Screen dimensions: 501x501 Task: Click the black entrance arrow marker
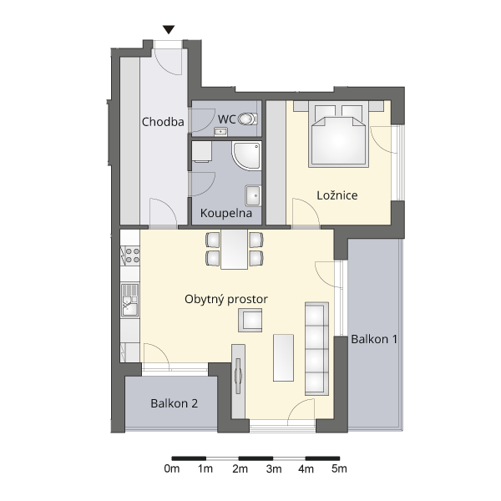pos(169,30)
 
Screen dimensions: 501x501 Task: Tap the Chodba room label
pos(163,122)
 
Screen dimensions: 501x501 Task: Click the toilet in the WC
pos(248,119)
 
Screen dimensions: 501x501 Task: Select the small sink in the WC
pos(220,131)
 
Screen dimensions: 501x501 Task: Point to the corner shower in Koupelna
pos(246,155)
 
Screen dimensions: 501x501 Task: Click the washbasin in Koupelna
pos(253,195)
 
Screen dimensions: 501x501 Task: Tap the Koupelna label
pos(226,213)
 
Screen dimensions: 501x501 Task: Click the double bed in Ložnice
pos(338,134)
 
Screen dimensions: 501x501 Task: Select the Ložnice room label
pos(337,195)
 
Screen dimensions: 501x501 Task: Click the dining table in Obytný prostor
pos(234,249)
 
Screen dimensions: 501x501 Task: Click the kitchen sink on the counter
pos(130,301)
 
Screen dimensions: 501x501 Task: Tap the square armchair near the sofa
pos(250,320)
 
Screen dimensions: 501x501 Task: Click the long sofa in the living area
pos(316,348)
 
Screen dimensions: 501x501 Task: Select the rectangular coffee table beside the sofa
pos(283,358)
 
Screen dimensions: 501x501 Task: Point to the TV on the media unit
pos(238,376)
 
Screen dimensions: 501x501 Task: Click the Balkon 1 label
pos(374,339)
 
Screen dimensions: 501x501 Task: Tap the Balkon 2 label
pos(175,403)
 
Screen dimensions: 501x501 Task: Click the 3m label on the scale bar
pos(274,468)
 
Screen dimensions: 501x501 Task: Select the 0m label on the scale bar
pos(172,468)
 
